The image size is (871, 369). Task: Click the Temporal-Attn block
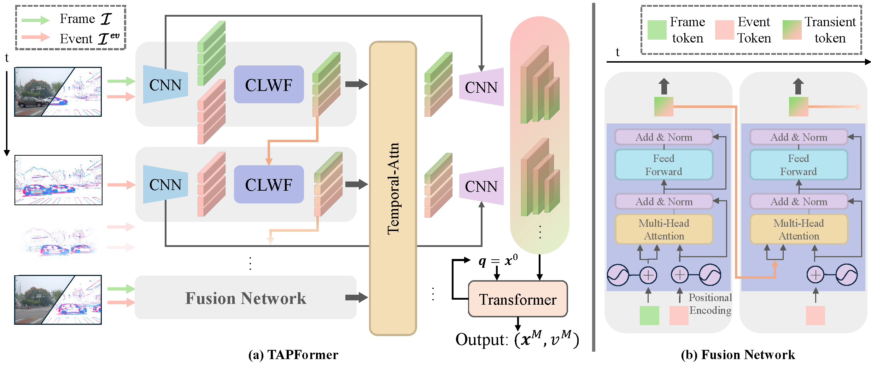click(x=393, y=188)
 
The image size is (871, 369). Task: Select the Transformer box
click(x=518, y=299)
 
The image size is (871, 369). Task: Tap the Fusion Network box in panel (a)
click(x=246, y=298)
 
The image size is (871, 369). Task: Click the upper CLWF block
click(x=269, y=85)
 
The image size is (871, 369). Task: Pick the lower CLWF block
click(x=269, y=184)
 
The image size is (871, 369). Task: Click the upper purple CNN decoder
click(x=481, y=87)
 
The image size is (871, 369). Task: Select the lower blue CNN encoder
click(x=165, y=184)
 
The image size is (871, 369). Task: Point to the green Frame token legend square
click(x=657, y=30)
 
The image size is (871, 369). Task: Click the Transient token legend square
click(x=792, y=30)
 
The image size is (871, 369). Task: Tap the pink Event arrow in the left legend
click(x=35, y=37)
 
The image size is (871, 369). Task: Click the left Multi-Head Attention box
click(x=664, y=229)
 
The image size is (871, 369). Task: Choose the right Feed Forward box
click(x=799, y=165)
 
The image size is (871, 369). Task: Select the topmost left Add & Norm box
click(x=664, y=137)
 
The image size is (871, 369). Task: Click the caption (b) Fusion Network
click(x=738, y=354)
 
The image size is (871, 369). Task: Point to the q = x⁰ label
click(x=498, y=261)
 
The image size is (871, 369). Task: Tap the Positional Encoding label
click(x=710, y=304)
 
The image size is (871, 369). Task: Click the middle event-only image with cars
click(x=59, y=180)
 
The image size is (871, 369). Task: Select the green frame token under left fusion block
click(x=649, y=315)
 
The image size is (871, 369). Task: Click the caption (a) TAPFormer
click(x=293, y=354)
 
